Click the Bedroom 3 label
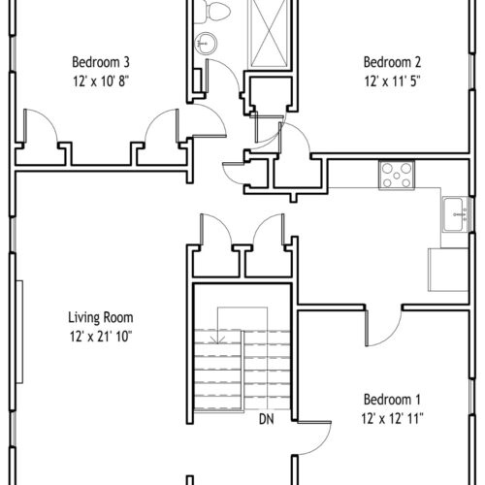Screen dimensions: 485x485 [x=101, y=62]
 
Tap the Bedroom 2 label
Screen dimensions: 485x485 [x=392, y=62]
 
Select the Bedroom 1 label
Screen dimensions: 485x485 [x=392, y=400]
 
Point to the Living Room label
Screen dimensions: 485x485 [x=101, y=317]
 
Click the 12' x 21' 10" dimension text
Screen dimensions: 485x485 [x=101, y=337]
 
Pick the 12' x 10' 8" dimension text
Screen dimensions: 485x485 [x=101, y=81]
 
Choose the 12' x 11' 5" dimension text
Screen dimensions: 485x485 [x=392, y=81]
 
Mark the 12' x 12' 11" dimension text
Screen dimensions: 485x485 [x=392, y=419]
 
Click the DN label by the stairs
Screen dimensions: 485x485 [x=267, y=419]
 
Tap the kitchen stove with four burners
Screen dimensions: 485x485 [x=397, y=176]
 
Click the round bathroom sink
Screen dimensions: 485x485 [x=206, y=44]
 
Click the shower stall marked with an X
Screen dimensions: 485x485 [x=269, y=34]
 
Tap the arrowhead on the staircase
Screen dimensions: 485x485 [x=218, y=339]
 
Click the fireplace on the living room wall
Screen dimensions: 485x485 [x=19, y=332]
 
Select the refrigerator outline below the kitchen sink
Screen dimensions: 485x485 [x=448, y=270]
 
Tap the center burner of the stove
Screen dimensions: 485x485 [x=397, y=176]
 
